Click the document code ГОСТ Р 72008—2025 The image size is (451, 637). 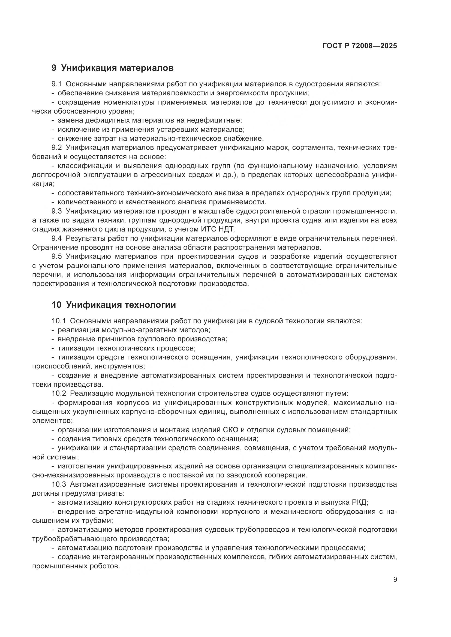(360, 46)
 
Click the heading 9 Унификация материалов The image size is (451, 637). (112, 68)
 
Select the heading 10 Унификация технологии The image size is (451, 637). (114, 305)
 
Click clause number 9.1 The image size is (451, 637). (56, 84)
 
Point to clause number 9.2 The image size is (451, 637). (57, 148)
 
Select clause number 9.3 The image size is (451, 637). (57, 211)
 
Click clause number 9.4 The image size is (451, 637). (57, 238)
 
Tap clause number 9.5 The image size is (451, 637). (57, 256)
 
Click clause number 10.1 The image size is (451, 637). (59, 321)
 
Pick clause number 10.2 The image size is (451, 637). (59, 394)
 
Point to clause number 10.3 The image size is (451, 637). (59, 484)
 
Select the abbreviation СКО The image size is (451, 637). (230, 430)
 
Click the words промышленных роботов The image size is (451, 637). (76, 566)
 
